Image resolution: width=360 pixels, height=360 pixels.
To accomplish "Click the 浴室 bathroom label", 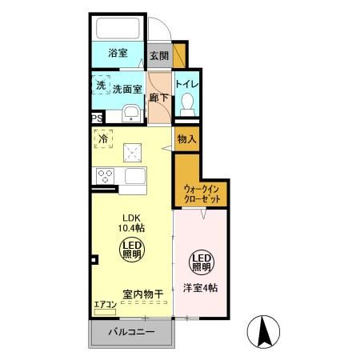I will [118, 54].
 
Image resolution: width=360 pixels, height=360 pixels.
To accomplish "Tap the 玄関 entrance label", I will [159, 56].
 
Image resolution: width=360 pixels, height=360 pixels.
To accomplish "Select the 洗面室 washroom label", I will [126, 89].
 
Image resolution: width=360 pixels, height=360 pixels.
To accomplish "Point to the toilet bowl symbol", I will [187, 102].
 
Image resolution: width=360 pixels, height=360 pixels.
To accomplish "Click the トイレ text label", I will [186, 84].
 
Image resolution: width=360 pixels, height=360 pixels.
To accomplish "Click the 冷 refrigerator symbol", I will [102, 140].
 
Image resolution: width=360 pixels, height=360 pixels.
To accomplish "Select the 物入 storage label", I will [186, 140].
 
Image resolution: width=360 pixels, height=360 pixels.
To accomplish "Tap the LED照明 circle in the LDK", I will [132, 250].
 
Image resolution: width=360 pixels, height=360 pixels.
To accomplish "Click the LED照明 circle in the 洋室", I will [202, 262].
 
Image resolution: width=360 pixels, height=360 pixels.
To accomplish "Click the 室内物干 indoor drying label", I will [143, 294].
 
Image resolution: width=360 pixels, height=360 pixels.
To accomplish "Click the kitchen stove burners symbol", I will [104, 175].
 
